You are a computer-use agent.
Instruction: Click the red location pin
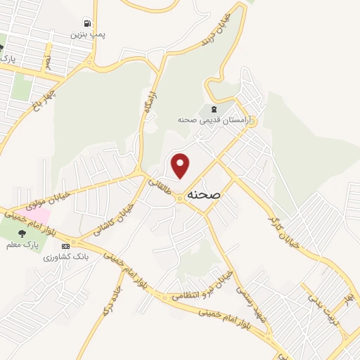pos(181,166)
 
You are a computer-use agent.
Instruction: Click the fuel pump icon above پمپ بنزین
pos(87,22)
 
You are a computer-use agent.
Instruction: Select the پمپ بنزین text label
pos(87,33)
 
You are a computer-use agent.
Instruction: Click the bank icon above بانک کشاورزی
pos(66,246)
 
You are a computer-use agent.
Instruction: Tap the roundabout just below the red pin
pos(180,199)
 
